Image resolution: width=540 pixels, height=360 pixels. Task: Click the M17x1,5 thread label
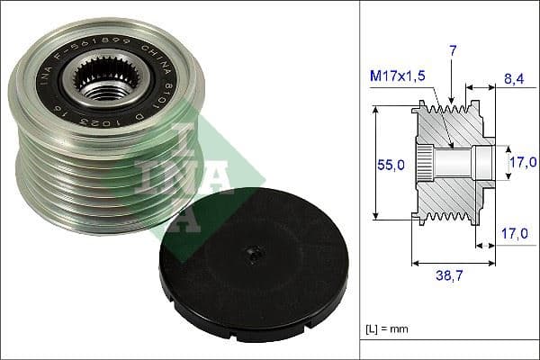coord(399,77)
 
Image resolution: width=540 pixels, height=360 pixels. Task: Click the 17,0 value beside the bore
coord(521,162)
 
